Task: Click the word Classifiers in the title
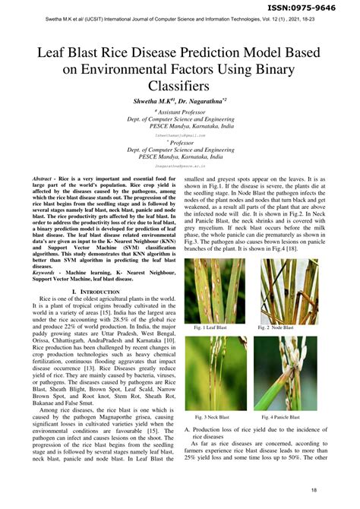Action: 179,87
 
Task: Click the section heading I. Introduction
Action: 95,292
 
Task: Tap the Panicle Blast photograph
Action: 285,373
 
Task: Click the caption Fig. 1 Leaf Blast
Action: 210,327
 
